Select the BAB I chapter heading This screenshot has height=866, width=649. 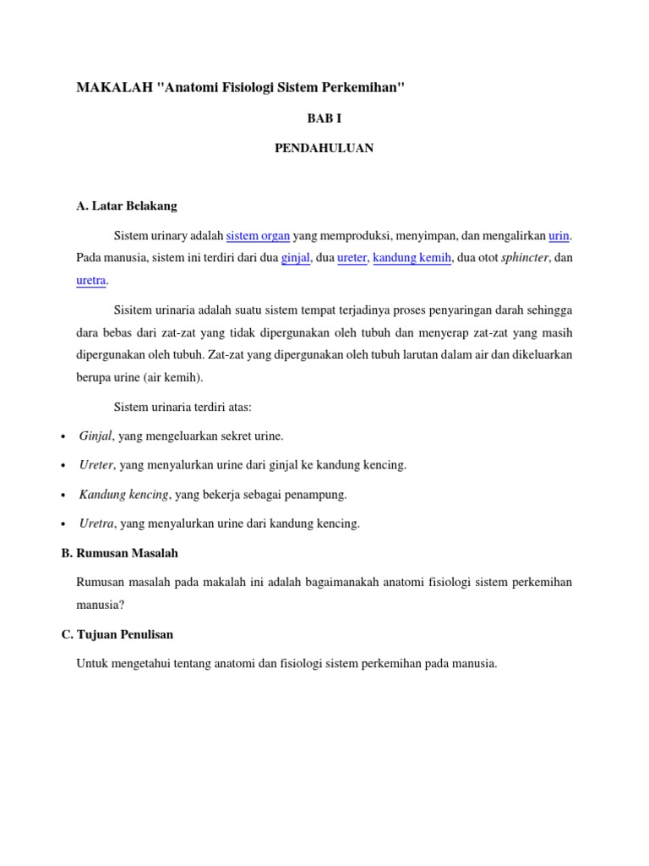point(324,118)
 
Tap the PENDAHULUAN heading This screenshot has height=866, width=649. point(324,148)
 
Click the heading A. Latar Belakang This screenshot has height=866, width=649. point(127,206)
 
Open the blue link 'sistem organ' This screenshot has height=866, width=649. point(259,235)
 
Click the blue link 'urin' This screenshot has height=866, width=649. point(559,235)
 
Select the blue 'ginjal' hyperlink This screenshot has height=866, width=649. point(296,257)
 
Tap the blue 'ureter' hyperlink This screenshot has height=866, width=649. point(352,257)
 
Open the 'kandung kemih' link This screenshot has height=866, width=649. point(412,257)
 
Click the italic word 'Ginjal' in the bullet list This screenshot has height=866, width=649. point(95,436)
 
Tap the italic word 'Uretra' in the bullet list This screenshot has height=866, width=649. point(96,523)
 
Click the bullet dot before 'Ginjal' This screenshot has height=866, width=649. point(64,436)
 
